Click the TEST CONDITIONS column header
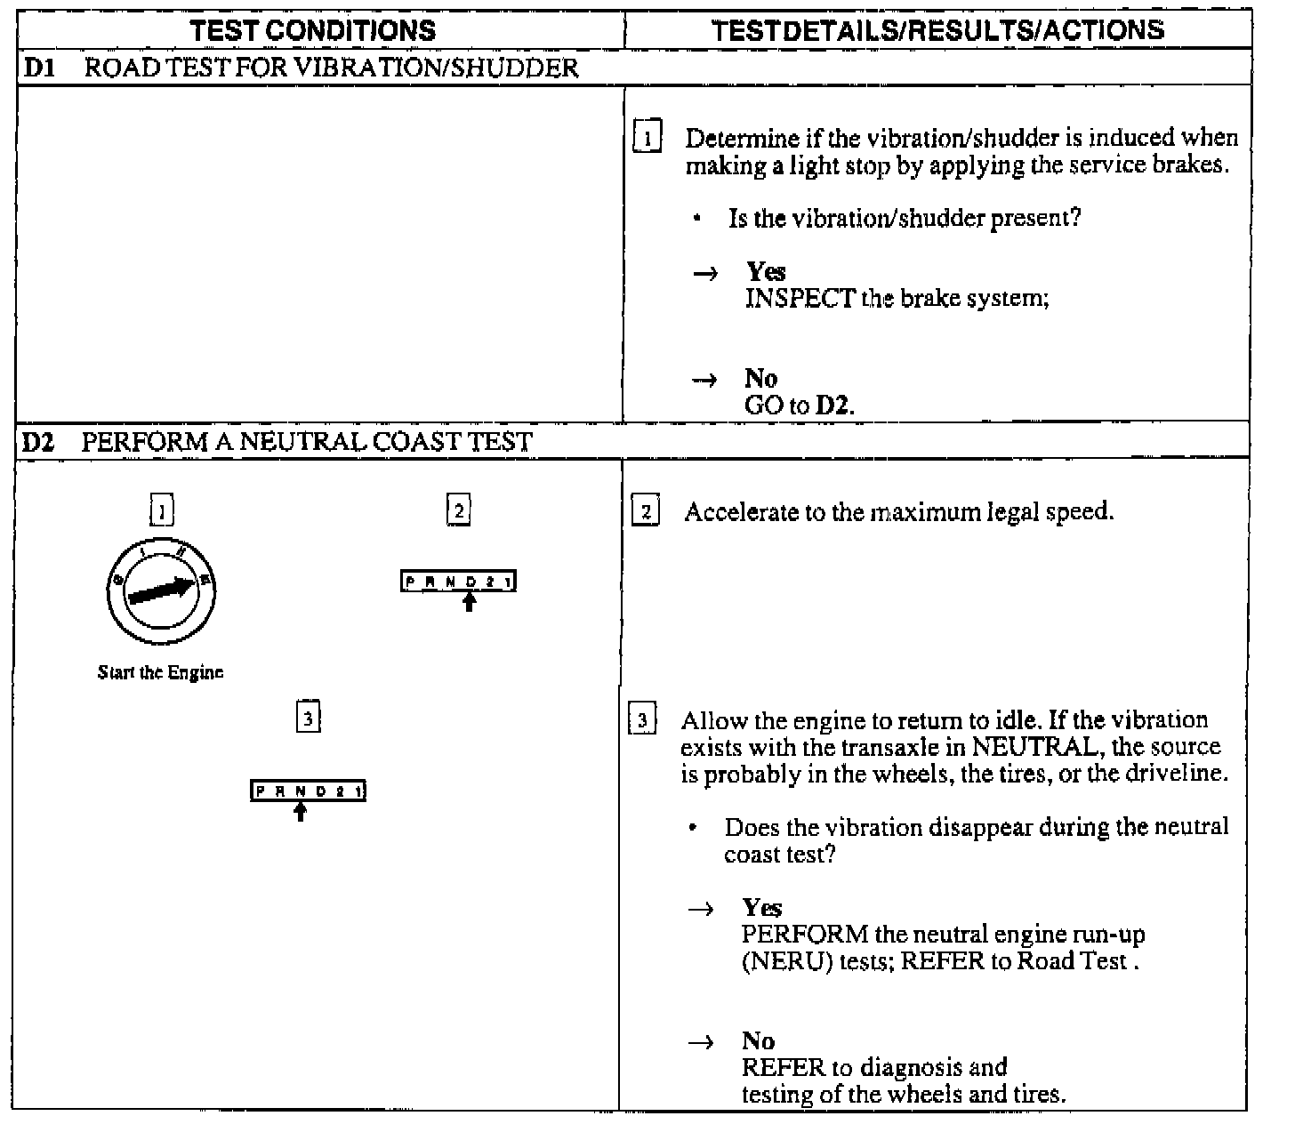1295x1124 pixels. click(x=313, y=30)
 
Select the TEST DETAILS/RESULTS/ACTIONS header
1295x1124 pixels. click(x=938, y=30)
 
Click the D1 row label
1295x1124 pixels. click(x=37, y=68)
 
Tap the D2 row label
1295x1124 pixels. click(x=37, y=442)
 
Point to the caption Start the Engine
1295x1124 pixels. click(x=160, y=672)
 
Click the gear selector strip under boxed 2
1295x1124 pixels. click(x=458, y=582)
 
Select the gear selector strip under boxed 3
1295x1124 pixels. click(x=308, y=791)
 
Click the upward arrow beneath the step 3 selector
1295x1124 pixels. click(x=301, y=811)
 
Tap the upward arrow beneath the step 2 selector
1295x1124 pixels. click(x=470, y=602)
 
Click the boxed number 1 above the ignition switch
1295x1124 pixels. click(x=161, y=510)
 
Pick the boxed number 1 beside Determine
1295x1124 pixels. click(x=647, y=138)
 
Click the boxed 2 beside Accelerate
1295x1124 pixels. click(x=645, y=511)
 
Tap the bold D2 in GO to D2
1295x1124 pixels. click(x=833, y=406)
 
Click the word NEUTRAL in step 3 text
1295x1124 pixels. click(x=1031, y=747)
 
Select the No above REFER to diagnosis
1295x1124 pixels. click(x=758, y=1041)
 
